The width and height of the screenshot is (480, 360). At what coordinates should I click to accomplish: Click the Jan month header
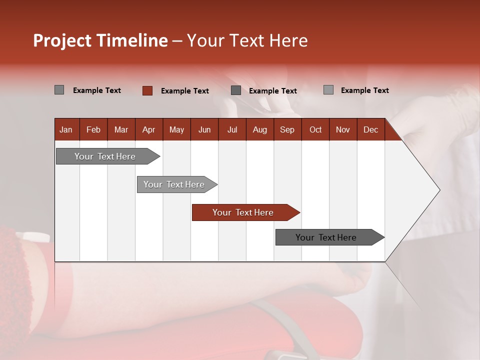pyautogui.click(x=66, y=130)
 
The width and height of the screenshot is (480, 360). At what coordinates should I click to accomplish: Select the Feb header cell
pyautogui.click(x=93, y=130)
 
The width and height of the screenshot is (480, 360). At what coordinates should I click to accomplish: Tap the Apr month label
pyautogui.click(x=148, y=130)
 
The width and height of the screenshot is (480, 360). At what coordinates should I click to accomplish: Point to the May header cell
pyautogui.click(x=176, y=130)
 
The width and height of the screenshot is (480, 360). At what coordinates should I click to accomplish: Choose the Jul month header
pyautogui.click(x=232, y=130)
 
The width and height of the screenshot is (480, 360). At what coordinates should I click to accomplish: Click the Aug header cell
pyautogui.click(x=259, y=130)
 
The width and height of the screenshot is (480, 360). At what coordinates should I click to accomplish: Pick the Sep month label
pyautogui.click(x=287, y=130)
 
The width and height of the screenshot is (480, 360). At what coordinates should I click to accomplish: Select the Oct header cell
pyautogui.click(x=315, y=130)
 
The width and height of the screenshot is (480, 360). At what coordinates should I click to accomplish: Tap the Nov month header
pyautogui.click(x=342, y=130)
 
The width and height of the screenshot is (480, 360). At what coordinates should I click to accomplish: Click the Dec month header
pyautogui.click(x=370, y=130)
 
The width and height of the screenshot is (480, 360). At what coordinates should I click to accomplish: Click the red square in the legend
pyautogui.click(x=147, y=90)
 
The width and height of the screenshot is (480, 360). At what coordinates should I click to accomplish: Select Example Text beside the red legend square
pyautogui.click(x=184, y=91)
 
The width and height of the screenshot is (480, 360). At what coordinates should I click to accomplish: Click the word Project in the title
pyautogui.click(x=62, y=40)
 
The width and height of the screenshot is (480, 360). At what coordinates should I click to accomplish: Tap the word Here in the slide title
pyautogui.click(x=288, y=40)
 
